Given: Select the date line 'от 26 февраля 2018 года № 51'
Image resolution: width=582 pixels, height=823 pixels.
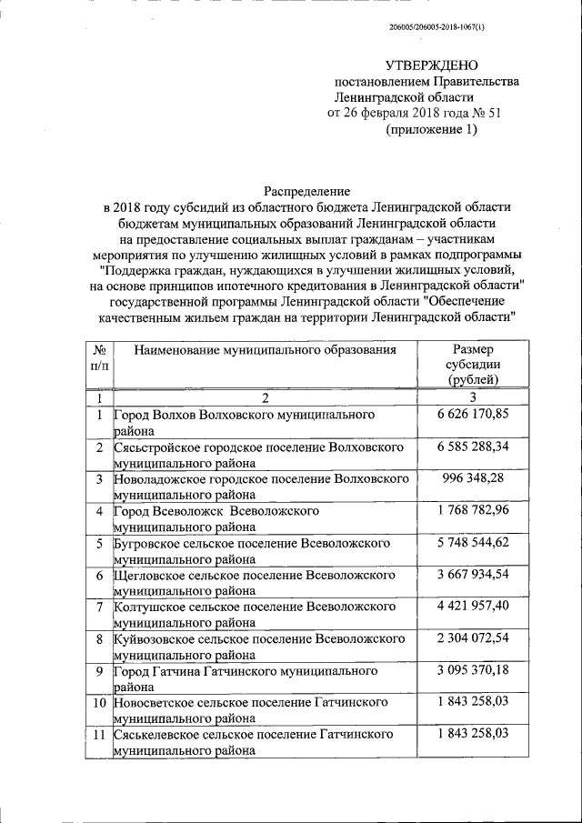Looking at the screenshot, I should click(414, 113).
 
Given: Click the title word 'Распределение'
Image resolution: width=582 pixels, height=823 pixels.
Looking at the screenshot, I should click(306, 191).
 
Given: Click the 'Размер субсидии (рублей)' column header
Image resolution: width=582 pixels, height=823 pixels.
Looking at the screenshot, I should click(472, 364).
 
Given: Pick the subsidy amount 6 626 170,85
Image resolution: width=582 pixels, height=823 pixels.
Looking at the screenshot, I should click(472, 415).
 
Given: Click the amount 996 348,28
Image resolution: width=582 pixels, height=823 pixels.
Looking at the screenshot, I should click(472, 478).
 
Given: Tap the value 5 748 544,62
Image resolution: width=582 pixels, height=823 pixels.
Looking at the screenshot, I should click(472, 543).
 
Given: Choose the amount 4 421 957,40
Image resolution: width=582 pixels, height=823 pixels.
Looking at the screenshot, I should click(472, 607).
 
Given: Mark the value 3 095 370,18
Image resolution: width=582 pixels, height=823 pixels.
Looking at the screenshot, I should click(472, 671).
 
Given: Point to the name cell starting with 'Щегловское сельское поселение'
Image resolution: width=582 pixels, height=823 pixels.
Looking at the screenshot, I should click(254, 583).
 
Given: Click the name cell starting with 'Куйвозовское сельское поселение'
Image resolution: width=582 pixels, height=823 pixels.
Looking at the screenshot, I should click(255, 647).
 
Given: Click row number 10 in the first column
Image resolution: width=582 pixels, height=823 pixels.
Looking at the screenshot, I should click(99, 703).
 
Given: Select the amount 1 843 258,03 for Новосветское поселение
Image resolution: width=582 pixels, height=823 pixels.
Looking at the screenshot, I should click(472, 703).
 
